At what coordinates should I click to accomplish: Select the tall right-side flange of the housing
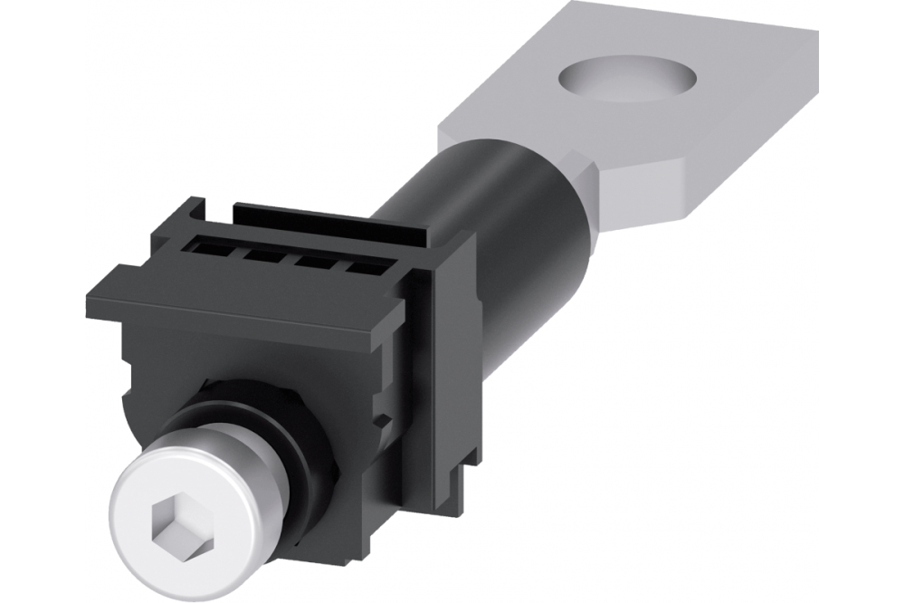[x=452, y=362]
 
